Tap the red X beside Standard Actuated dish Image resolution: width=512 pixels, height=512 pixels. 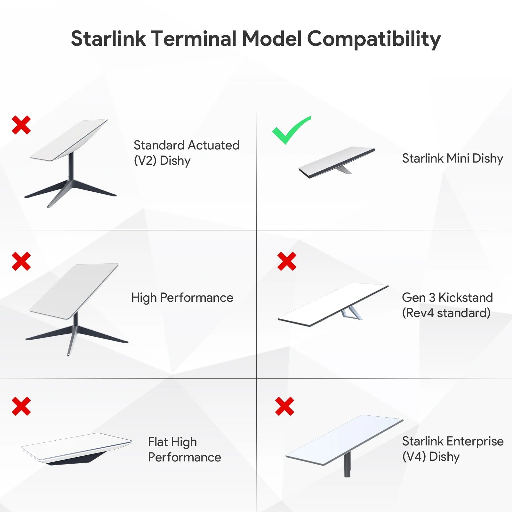pyautogui.click(x=21, y=125)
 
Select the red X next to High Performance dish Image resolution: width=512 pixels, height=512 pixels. pyautogui.click(x=21, y=261)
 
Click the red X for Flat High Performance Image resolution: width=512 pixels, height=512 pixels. pyautogui.click(x=21, y=406)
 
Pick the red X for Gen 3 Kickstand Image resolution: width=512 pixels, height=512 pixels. pyautogui.click(x=287, y=261)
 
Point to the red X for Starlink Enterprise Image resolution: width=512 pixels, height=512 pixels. pyautogui.click(x=284, y=406)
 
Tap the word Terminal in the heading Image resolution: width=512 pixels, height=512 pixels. pyautogui.click(x=194, y=38)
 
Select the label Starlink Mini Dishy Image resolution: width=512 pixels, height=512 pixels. pyautogui.click(x=452, y=158)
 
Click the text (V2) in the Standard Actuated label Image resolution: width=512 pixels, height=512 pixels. pyautogui.click(x=145, y=161)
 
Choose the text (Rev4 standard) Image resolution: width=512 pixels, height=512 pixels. pyautogui.click(x=446, y=313)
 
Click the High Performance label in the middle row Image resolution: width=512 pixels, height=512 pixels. pyautogui.click(x=182, y=298)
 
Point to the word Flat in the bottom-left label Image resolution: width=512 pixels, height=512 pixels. pyautogui.click(x=158, y=442)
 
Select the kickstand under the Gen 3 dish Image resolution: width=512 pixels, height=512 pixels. pyautogui.click(x=351, y=313)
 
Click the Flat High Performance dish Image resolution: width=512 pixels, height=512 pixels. pyautogui.click(x=76, y=447)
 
